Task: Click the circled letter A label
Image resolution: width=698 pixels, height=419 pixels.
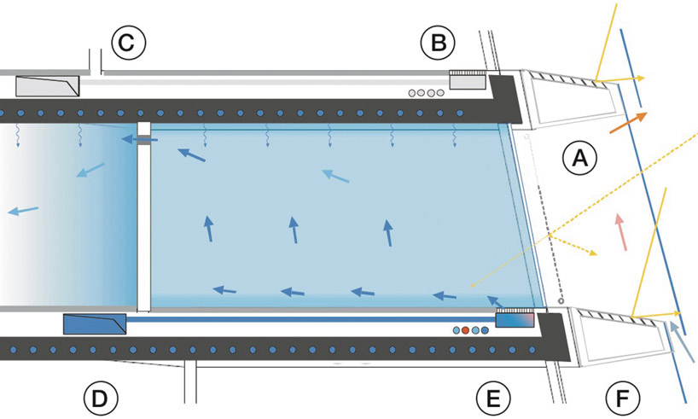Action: point(579,158)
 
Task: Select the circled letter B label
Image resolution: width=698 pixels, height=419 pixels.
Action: point(438,43)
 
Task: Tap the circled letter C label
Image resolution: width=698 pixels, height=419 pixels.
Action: point(129,43)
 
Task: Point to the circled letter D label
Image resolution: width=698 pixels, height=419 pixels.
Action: point(101,398)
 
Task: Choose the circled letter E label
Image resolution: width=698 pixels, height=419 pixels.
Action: point(493,398)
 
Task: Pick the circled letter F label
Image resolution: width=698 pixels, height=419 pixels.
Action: point(623,398)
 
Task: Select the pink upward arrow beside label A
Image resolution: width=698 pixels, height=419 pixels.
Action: point(621,232)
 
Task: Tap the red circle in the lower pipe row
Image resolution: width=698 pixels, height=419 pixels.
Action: point(465,330)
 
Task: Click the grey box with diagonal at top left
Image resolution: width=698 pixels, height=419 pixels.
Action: point(48,86)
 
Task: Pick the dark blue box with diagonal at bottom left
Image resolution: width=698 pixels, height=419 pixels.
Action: point(95,324)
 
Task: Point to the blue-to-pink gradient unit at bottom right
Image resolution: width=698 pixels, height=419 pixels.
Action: point(515,320)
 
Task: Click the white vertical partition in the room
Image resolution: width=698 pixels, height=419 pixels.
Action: point(144,217)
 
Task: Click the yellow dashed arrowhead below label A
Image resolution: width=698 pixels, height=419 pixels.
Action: point(592,253)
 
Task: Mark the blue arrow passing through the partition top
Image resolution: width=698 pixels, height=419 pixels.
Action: point(139,140)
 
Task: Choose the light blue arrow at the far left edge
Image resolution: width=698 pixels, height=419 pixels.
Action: point(23,211)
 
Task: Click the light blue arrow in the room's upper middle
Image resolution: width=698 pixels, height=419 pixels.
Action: point(335,176)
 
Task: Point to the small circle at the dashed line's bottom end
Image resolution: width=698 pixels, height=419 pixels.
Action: point(561,301)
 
